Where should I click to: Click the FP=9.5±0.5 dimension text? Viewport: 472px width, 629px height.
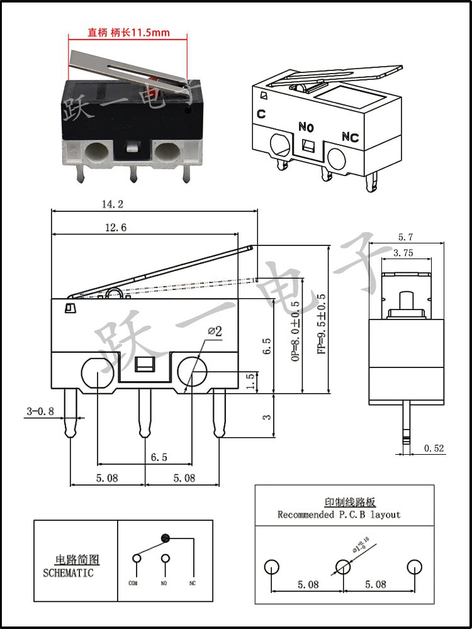point(322,325)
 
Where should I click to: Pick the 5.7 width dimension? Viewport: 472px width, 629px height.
point(405,237)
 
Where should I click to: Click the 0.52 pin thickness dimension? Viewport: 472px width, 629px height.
point(434,448)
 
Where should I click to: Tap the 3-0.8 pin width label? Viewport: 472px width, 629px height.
point(40,411)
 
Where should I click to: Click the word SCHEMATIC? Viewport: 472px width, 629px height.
point(68,573)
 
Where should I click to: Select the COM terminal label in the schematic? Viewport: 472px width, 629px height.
point(133,583)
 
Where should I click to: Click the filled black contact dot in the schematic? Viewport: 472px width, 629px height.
point(166,538)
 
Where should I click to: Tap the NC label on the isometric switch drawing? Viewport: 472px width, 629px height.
point(350,137)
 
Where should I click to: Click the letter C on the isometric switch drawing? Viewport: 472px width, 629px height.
point(261,114)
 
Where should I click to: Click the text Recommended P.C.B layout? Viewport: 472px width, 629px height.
point(339,515)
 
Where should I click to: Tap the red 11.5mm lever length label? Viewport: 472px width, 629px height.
point(128,32)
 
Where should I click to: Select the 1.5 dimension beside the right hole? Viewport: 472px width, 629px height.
point(251,381)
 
